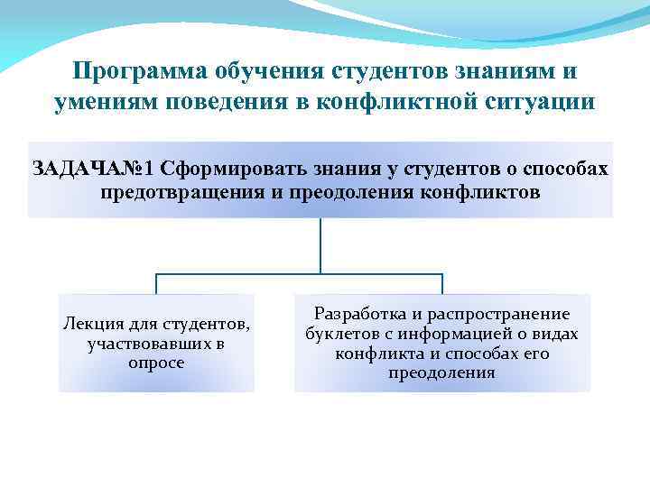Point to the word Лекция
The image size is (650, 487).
coord(93,324)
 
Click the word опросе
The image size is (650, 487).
coord(156,363)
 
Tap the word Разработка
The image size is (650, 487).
coord(357,315)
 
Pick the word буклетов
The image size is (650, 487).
coord(342,335)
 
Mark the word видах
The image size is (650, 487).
coord(552,335)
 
